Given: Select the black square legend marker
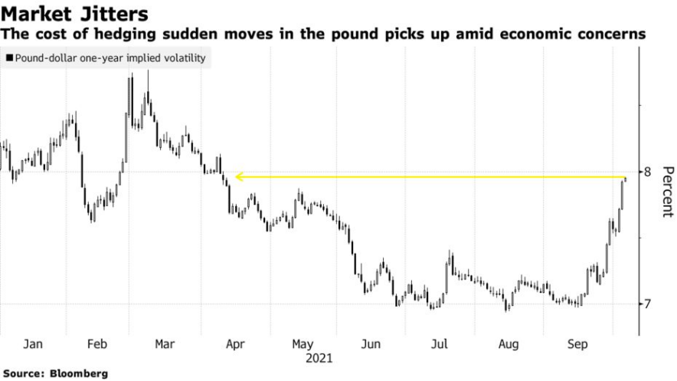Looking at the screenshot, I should (8, 58).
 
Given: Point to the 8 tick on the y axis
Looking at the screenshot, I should (647, 172).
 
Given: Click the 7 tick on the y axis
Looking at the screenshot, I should (647, 304).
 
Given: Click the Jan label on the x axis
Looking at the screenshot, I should (33, 345).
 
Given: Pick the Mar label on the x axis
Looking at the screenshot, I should (165, 345).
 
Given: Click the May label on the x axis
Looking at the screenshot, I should (302, 345).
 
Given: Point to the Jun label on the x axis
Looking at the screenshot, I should (371, 345).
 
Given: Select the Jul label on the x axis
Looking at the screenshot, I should (439, 345).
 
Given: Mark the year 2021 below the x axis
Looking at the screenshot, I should (319, 357).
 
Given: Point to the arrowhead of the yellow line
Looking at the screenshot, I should (238, 177).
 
